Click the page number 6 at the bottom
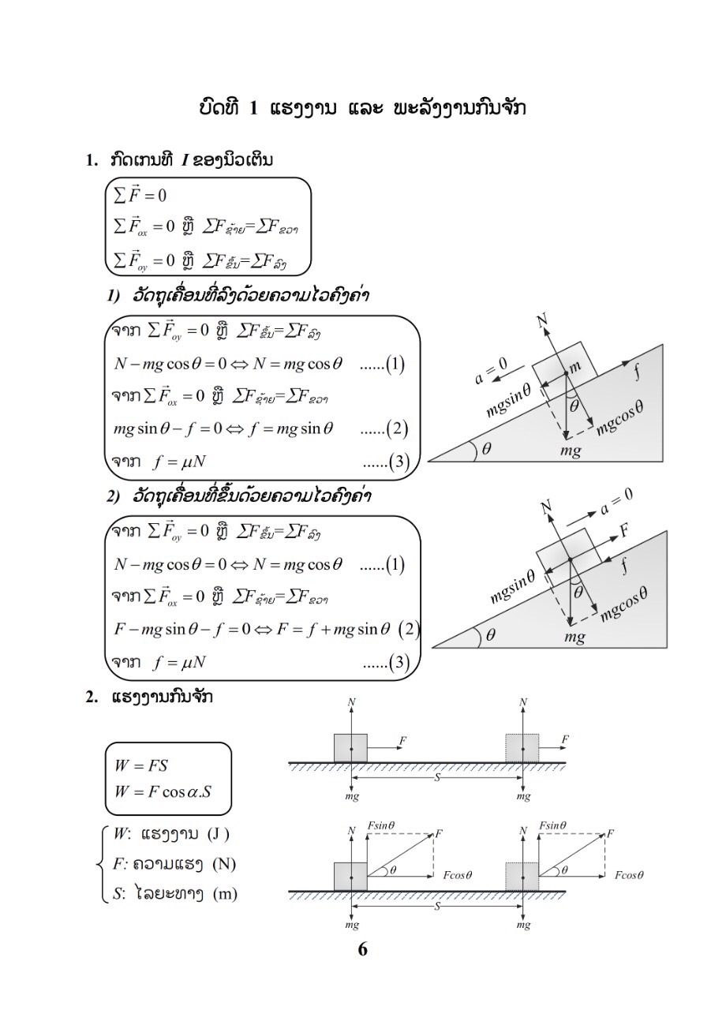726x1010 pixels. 362,949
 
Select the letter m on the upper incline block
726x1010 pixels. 574,367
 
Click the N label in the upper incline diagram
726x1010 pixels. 542,320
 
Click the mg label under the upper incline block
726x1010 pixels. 571,451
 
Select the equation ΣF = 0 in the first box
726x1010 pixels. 140,196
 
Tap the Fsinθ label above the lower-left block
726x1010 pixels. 381,825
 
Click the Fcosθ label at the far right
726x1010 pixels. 630,875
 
